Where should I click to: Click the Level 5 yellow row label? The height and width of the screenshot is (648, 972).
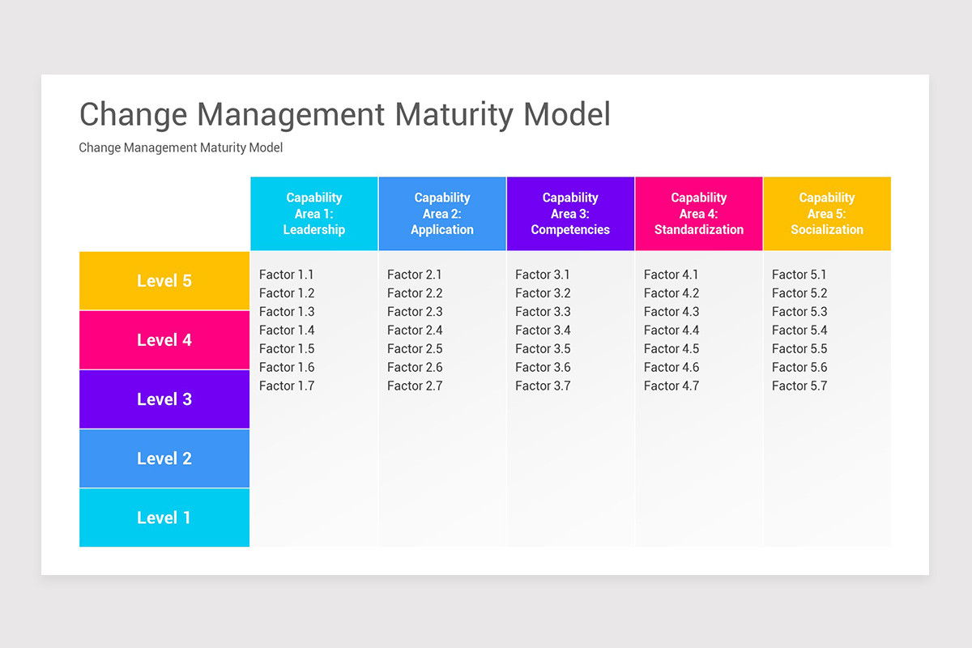click(x=164, y=281)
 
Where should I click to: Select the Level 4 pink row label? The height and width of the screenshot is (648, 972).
click(x=164, y=340)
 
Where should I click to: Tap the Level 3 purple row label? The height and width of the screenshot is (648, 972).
click(x=164, y=399)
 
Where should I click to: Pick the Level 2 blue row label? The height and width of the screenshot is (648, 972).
click(x=164, y=458)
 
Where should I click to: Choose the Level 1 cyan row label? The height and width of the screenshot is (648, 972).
click(x=164, y=518)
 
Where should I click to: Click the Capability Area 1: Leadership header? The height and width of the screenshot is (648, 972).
click(x=314, y=214)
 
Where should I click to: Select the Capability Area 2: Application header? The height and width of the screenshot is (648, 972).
click(x=442, y=214)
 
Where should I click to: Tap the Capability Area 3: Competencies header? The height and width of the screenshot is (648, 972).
click(x=570, y=214)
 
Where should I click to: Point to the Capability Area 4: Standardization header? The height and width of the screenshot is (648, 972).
click(x=699, y=214)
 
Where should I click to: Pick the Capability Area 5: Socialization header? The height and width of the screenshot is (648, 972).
click(x=827, y=214)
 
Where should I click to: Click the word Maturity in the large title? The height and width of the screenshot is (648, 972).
click(x=455, y=114)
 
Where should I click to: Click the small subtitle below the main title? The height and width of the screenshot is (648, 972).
click(x=181, y=147)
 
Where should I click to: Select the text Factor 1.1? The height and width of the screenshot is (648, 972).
click(x=286, y=275)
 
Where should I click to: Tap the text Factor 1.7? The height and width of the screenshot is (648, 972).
click(x=286, y=386)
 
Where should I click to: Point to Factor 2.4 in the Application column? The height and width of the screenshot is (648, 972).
click(x=415, y=330)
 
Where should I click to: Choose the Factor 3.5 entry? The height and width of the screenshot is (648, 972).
click(x=543, y=349)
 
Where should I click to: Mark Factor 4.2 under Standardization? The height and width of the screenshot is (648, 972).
click(x=671, y=293)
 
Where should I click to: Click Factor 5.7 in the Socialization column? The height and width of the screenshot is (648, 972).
click(x=799, y=386)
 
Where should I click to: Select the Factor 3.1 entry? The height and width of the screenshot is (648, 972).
click(x=543, y=275)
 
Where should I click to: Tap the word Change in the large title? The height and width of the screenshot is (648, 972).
click(x=133, y=114)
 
